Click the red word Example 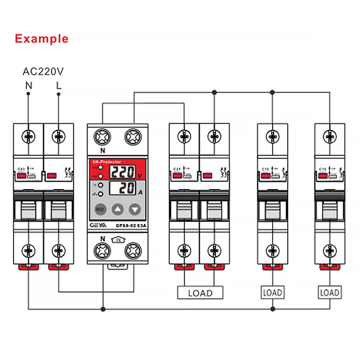[x=41, y=38]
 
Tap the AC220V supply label [x=43, y=71]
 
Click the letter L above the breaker [x=59, y=86]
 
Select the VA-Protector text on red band [x=107, y=162]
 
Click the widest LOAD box [x=200, y=293]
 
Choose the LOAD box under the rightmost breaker [x=330, y=292]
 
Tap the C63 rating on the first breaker [x=21, y=168]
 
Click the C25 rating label [x=177, y=168]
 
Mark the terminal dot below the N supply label [x=28, y=94]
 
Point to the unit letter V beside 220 [x=140, y=176]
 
